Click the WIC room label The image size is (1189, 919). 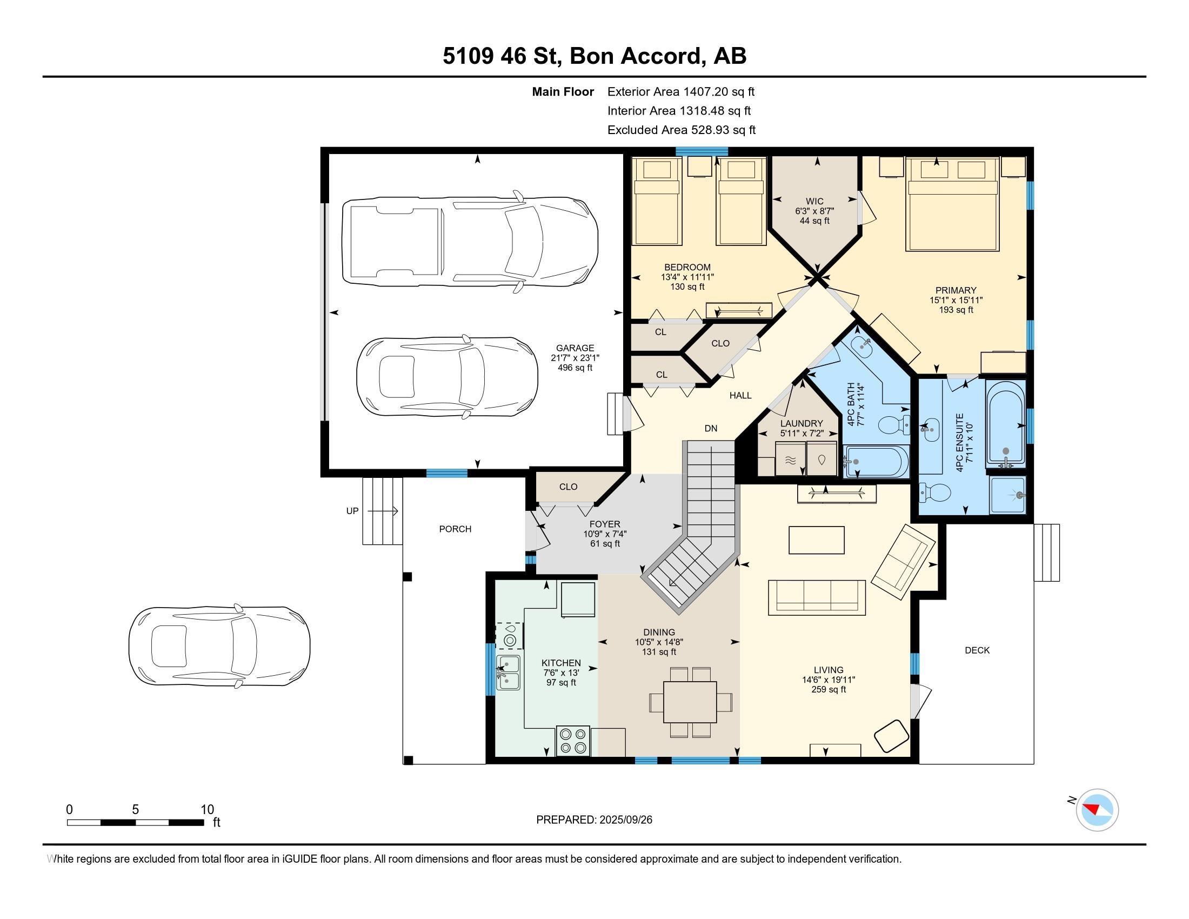[x=814, y=202]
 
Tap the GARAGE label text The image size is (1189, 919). [x=575, y=348]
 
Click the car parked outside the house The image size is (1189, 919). [x=219, y=645]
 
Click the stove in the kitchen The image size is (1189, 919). [x=573, y=741]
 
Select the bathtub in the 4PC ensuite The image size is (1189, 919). [x=1006, y=423]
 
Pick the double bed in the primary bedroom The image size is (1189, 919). [x=953, y=204]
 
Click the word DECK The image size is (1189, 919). [x=977, y=650]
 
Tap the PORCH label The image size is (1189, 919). [x=455, y=529]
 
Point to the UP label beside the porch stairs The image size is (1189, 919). [x=353, y=511]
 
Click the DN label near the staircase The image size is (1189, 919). [x=711, y=429]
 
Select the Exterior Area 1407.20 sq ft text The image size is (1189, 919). [x=681, y=91]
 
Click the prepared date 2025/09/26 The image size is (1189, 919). [x=625, y=820]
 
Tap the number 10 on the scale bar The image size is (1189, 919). [x=208, y=810]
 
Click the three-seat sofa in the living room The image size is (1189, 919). [x=817, y=597]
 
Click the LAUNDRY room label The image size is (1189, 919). [x=801, y=424]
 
